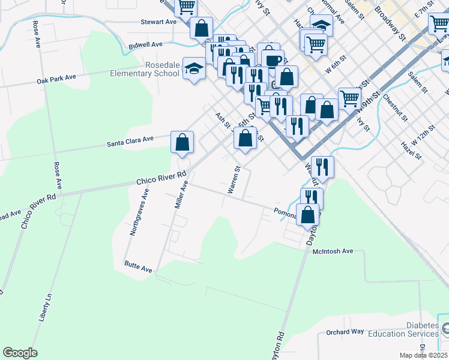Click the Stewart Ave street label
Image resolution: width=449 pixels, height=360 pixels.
pos(158,22)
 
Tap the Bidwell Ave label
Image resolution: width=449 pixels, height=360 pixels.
pos(146,45)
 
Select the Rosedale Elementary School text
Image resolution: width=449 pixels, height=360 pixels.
pos(145,69)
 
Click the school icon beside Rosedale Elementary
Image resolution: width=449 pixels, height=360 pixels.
pos(194,70)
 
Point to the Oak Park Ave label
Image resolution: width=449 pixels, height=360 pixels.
pos(56,79)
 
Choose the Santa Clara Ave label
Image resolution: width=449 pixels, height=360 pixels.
pos(130,142)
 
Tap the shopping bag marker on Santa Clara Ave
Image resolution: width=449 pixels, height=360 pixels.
pos(182,143)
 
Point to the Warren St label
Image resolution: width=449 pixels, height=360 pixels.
pos(233,180)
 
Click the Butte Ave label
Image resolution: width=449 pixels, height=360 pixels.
pos(138,266)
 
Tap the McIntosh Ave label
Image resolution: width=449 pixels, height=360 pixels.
pos(333,251)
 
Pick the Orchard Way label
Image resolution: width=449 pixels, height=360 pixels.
pos(345,332)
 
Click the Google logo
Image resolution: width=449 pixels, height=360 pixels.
pos(20,353)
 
